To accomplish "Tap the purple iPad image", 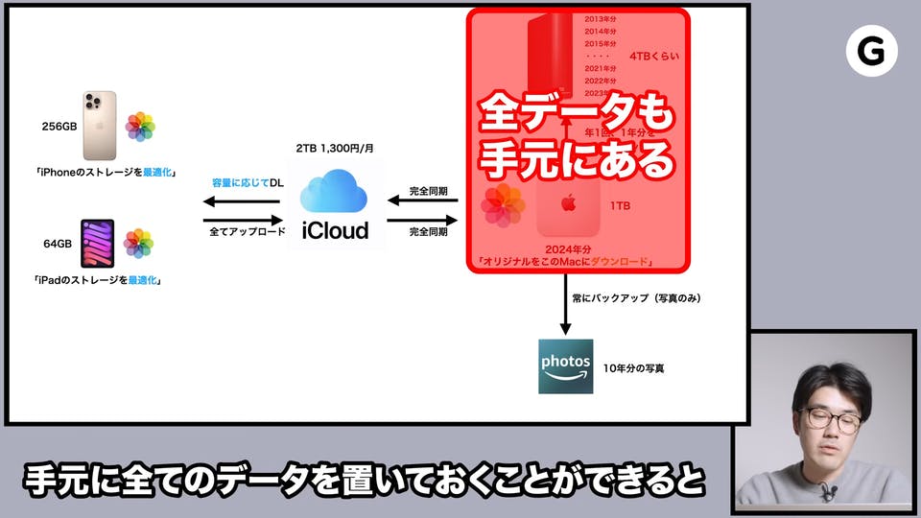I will [98, 244].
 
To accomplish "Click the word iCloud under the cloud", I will [335, 230].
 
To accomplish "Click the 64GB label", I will [58, 244].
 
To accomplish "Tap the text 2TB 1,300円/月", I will [334, 151].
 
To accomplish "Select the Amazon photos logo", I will [565, 365].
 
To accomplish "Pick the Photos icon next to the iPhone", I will [140, 126].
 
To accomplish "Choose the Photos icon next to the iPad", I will [139, 244].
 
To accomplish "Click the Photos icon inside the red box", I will [503, 206].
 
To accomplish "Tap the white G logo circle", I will [871, 51].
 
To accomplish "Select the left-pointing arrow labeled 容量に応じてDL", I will [241, 201].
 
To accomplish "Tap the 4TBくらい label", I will [654, 57].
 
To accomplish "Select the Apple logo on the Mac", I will [568, 202].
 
